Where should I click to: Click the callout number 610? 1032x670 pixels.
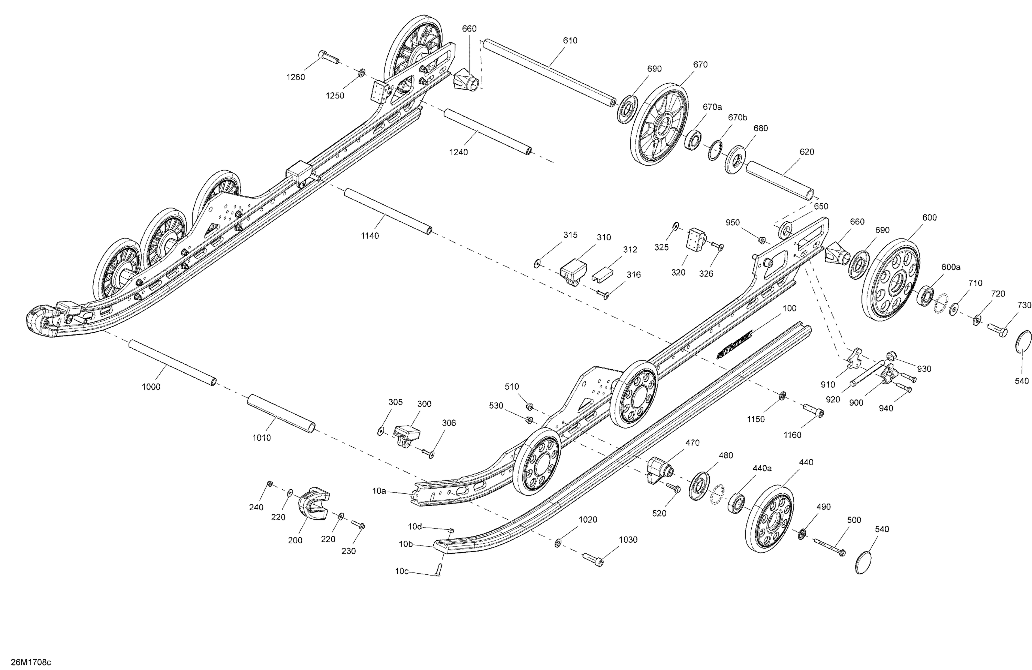(570, 40)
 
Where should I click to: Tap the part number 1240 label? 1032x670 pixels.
(458, 152)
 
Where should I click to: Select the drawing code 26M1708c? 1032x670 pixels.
(31, 662)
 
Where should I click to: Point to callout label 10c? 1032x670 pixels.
(401, 572)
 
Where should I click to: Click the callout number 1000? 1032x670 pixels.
(151, 387)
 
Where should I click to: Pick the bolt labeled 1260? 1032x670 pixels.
(329, 57)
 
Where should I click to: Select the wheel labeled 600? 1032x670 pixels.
(891, 280)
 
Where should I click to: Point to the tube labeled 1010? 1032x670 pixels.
(281, 414)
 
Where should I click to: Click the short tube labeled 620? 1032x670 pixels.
(780, 180)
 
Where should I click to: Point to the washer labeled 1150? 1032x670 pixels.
(783, 395)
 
